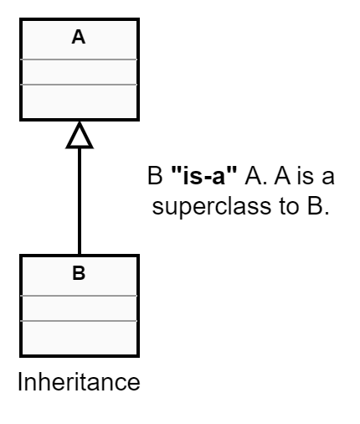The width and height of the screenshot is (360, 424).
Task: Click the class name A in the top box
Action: pyautogui.click(x=79, y=37)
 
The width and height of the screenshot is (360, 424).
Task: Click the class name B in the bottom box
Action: pyautogui.click(x=79, y=273)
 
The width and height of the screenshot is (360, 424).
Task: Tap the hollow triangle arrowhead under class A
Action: pyautogui.click(x=80, y=135)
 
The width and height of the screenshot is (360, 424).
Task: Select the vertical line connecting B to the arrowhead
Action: pyautogui.click(x=80, y=201)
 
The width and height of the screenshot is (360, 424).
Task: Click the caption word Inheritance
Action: pyautogui.click(x=79, y=382)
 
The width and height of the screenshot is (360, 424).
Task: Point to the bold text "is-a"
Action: pyautogui.click(x=204, y=175)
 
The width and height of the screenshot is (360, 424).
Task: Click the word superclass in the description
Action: pyautogui.click(x=212, y=207)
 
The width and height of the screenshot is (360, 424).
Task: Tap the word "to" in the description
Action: pyautogui.click(x=289, y=207)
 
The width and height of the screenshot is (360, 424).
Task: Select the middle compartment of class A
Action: pyautogui.click(x=80, y=72)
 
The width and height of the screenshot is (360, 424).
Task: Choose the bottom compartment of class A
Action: pyautogui.click(x=80, y=101)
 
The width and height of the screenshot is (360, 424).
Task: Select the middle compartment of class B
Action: pyautogui.click(x=80, y=308)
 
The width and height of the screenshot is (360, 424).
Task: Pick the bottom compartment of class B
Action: pyautogui.click(x=80, y=338)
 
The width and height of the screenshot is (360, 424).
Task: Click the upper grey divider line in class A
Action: pyautogui.click(x=79, y=59)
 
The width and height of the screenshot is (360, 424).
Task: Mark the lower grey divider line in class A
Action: pyautogui.click(x=79, y=85)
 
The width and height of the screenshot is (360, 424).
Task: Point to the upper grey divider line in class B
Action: pyautogui.click(x=79, y=296)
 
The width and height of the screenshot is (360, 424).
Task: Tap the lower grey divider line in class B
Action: pyautogui.click(x=79, y=321)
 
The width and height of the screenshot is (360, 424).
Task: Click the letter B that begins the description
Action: pyautogui.click(x=155, y=176)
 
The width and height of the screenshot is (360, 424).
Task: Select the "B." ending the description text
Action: pyautogui.click(x=318, y=207)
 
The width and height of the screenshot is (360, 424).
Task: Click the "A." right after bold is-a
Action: pyautogui.click(x=256, y=176)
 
